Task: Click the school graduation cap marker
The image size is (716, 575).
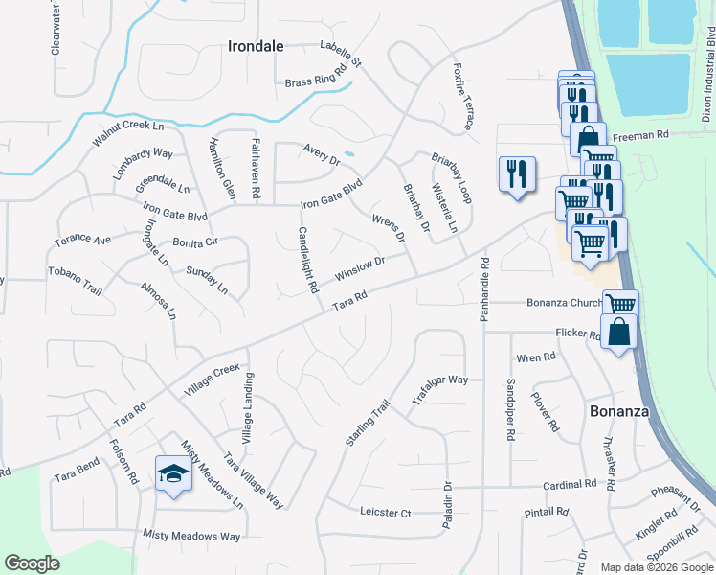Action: (173, 473)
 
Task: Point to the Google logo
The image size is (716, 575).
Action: (33, 563)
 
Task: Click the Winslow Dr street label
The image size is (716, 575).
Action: (360, 267)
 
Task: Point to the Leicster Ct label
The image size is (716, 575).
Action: (386, 513)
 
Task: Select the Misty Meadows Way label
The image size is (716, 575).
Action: (191, 536)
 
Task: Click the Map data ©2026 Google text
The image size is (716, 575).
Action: (656, 567)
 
